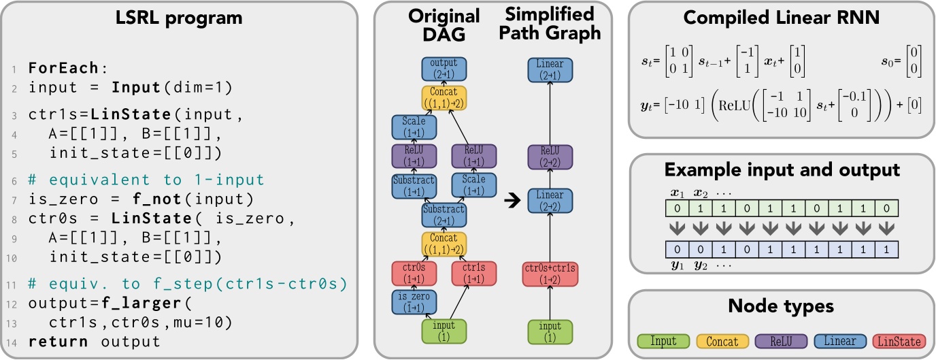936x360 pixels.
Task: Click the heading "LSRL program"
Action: pos(179,18)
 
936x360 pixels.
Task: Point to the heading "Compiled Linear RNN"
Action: pos(782,18)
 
